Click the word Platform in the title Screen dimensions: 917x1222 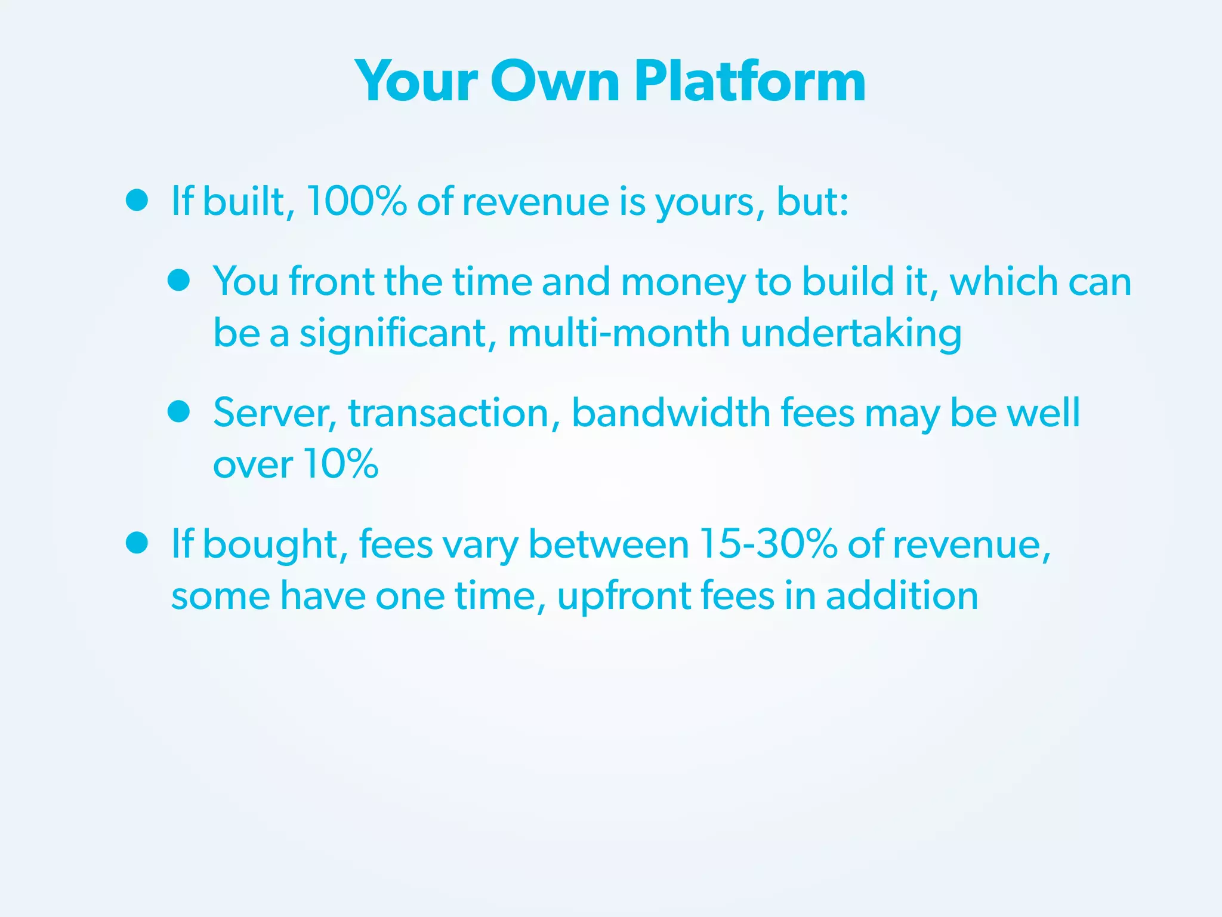749,82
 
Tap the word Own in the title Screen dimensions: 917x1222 556,82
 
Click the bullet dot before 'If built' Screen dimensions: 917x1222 137,200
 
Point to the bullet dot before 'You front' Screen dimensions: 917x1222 178,279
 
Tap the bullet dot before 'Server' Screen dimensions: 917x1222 178,411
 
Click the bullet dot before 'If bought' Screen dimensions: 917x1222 137,543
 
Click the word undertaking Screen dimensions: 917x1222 851,334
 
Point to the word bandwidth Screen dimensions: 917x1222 671,413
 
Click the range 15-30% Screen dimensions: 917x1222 768,544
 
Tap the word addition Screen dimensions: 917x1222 902,595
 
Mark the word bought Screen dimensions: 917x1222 271,545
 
